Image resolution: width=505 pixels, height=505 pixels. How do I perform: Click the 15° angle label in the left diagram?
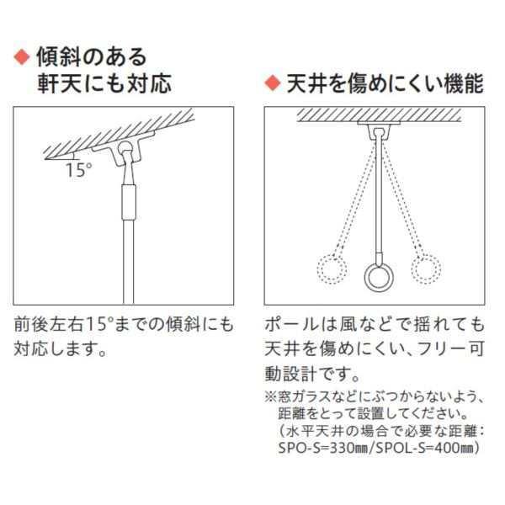[78, 169]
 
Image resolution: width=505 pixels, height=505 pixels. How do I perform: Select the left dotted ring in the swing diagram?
[329, 270]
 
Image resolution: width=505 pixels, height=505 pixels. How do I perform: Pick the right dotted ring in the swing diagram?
[427, 269]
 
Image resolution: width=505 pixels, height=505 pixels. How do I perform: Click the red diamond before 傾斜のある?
[23, 57]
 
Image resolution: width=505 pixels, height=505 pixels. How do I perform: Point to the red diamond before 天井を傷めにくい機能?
[272, 83]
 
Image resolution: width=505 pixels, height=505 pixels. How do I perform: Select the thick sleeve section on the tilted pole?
[126, 203]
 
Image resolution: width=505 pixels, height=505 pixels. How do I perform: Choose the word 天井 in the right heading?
[303, 83]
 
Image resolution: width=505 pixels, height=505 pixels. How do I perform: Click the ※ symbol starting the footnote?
[271, 396]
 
